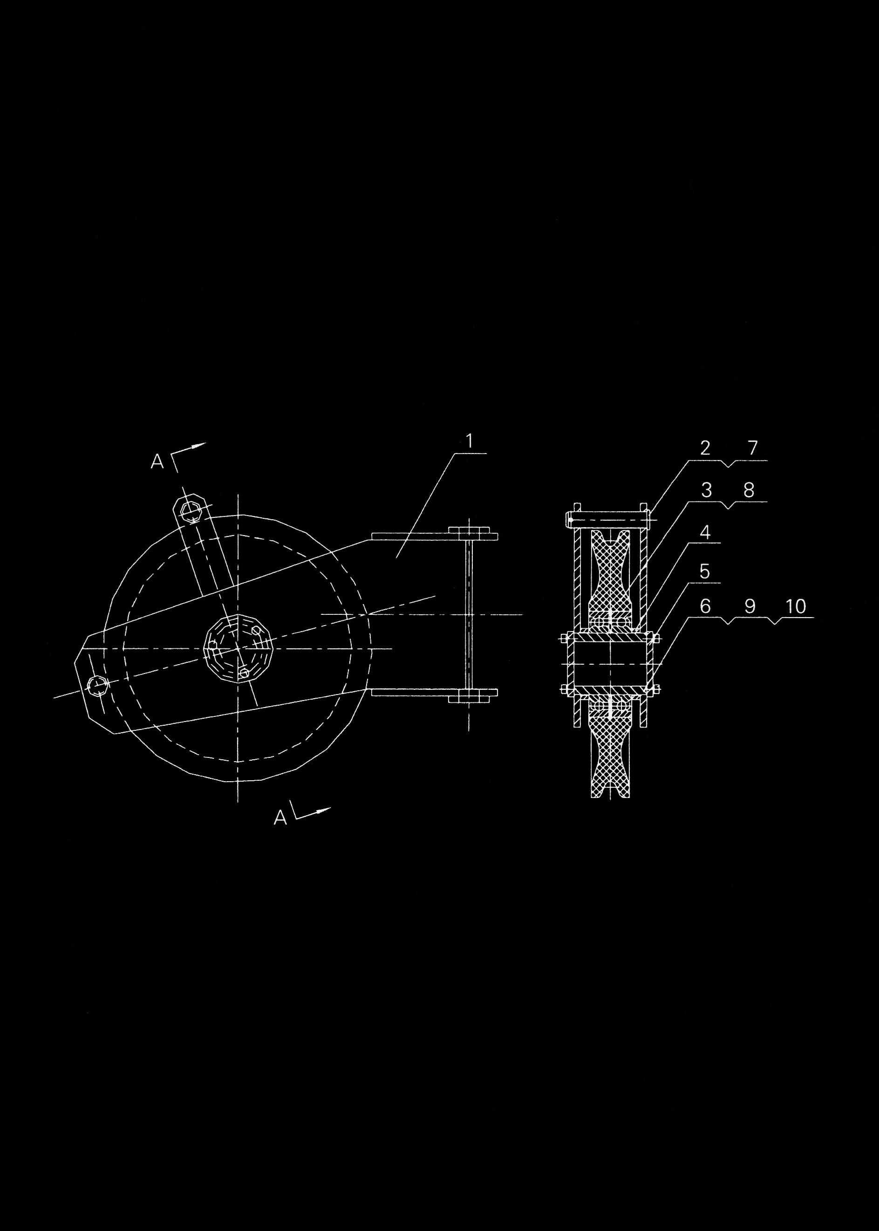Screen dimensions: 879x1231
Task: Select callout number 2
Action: pos(705,448)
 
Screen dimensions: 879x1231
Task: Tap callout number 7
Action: pos(753,448)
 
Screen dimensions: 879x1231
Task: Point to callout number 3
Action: pos(706,490)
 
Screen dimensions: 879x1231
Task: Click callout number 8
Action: pos(749,490)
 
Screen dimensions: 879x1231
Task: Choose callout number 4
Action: pos(705,532)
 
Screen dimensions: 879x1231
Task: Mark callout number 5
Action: pos(705,571)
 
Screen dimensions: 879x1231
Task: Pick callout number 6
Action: pos(705,606)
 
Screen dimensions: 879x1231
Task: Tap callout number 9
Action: pos(750,606)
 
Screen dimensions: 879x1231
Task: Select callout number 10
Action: pos(796,606)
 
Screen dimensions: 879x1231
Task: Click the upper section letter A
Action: pos(157,461)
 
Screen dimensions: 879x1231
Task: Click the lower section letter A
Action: pos(280,817)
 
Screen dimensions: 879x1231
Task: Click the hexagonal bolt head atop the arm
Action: pos(189,509)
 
